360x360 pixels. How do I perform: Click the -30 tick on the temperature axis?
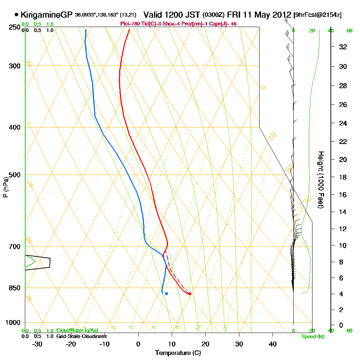(37, 344)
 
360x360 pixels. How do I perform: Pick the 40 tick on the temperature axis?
(273, 344)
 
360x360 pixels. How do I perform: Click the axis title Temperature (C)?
(178, 353)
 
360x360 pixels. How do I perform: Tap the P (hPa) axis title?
(5, 186)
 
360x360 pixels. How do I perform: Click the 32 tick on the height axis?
(343, 46)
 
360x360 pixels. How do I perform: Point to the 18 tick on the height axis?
(343, 177)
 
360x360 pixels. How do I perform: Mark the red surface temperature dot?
(190, 293)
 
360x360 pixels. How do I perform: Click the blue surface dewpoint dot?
(166, 293)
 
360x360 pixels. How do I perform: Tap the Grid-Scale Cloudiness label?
(81, 336)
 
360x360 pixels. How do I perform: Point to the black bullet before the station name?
(16, 15)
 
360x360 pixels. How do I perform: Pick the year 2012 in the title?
(280, 15)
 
